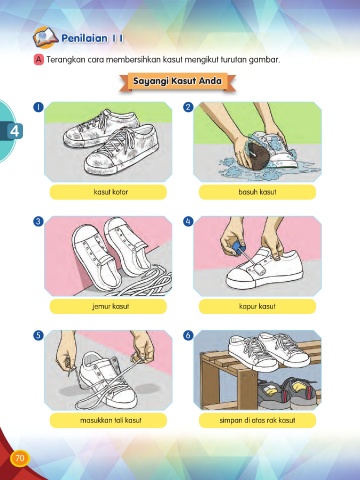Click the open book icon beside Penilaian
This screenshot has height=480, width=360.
tap(46, 37)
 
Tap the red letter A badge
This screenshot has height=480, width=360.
tap(39, 60)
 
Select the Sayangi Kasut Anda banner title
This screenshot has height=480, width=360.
tap(177, 81)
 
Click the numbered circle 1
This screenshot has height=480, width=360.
tap(39, 107)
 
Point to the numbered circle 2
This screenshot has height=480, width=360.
tap(188, 107)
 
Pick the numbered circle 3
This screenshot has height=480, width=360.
tap(39, 221)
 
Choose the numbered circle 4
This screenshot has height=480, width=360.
tap(188, 221)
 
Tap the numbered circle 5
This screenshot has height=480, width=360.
tap(39, 335)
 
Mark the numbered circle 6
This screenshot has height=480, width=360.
tap(188, 335)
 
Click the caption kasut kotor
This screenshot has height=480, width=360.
tap(111, 192)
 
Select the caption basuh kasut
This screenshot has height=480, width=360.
tap(257, 192)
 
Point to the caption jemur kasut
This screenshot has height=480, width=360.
tap(111, 306)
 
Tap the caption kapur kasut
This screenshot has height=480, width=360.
tap(257, 306)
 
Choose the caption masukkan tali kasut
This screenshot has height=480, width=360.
tap(111, 420)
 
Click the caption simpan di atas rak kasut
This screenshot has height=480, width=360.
tap(257, 420)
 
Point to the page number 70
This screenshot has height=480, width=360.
tap(20, 458)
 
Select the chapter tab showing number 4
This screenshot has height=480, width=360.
tap(14, 131)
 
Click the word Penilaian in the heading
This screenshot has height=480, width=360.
tap(84, 38)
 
